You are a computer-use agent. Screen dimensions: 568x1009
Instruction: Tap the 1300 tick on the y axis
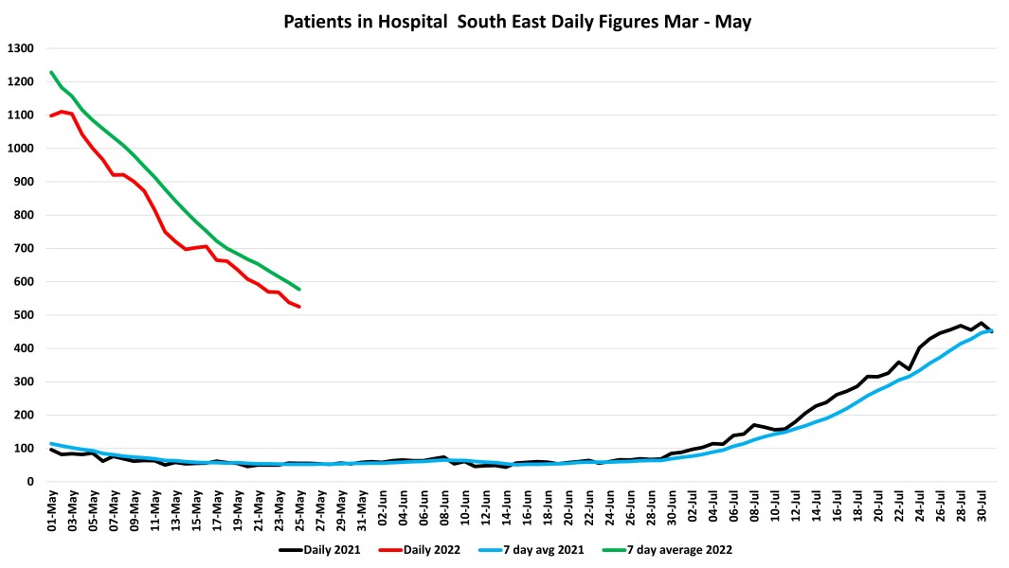click(x=20, y=48)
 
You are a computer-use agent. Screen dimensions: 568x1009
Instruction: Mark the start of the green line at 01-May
click(x=51, y=72)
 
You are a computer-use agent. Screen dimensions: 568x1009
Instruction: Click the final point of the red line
click(x=299, y=307)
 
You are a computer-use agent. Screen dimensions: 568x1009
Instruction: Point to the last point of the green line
click(x=299, y=290)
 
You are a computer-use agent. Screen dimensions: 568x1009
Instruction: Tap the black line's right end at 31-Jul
click(x=991, y=332)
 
